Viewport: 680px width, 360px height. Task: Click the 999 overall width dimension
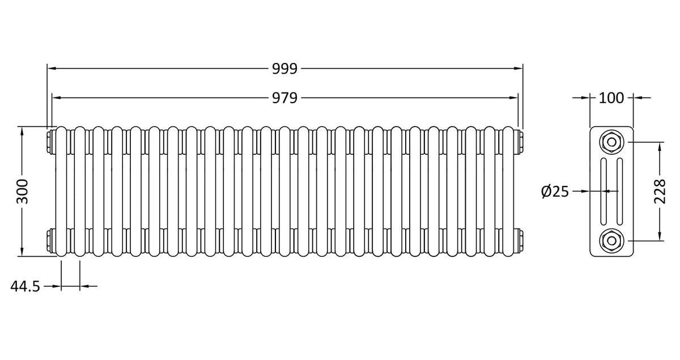[284, 69]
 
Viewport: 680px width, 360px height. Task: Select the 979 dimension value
[284, 98]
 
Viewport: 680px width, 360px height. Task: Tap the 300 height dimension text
[23, 192]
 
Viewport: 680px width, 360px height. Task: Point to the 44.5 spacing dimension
[25, 286]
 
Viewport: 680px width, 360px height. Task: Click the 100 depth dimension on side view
[611, 98]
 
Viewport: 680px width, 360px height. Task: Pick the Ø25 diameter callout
[555, 192]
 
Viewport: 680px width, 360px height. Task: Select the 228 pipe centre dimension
[660, 192]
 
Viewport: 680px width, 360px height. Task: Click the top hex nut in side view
[611, 142]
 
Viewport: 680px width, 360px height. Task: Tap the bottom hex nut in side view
[611, 240]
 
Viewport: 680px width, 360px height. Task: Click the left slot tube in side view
[604, 192]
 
